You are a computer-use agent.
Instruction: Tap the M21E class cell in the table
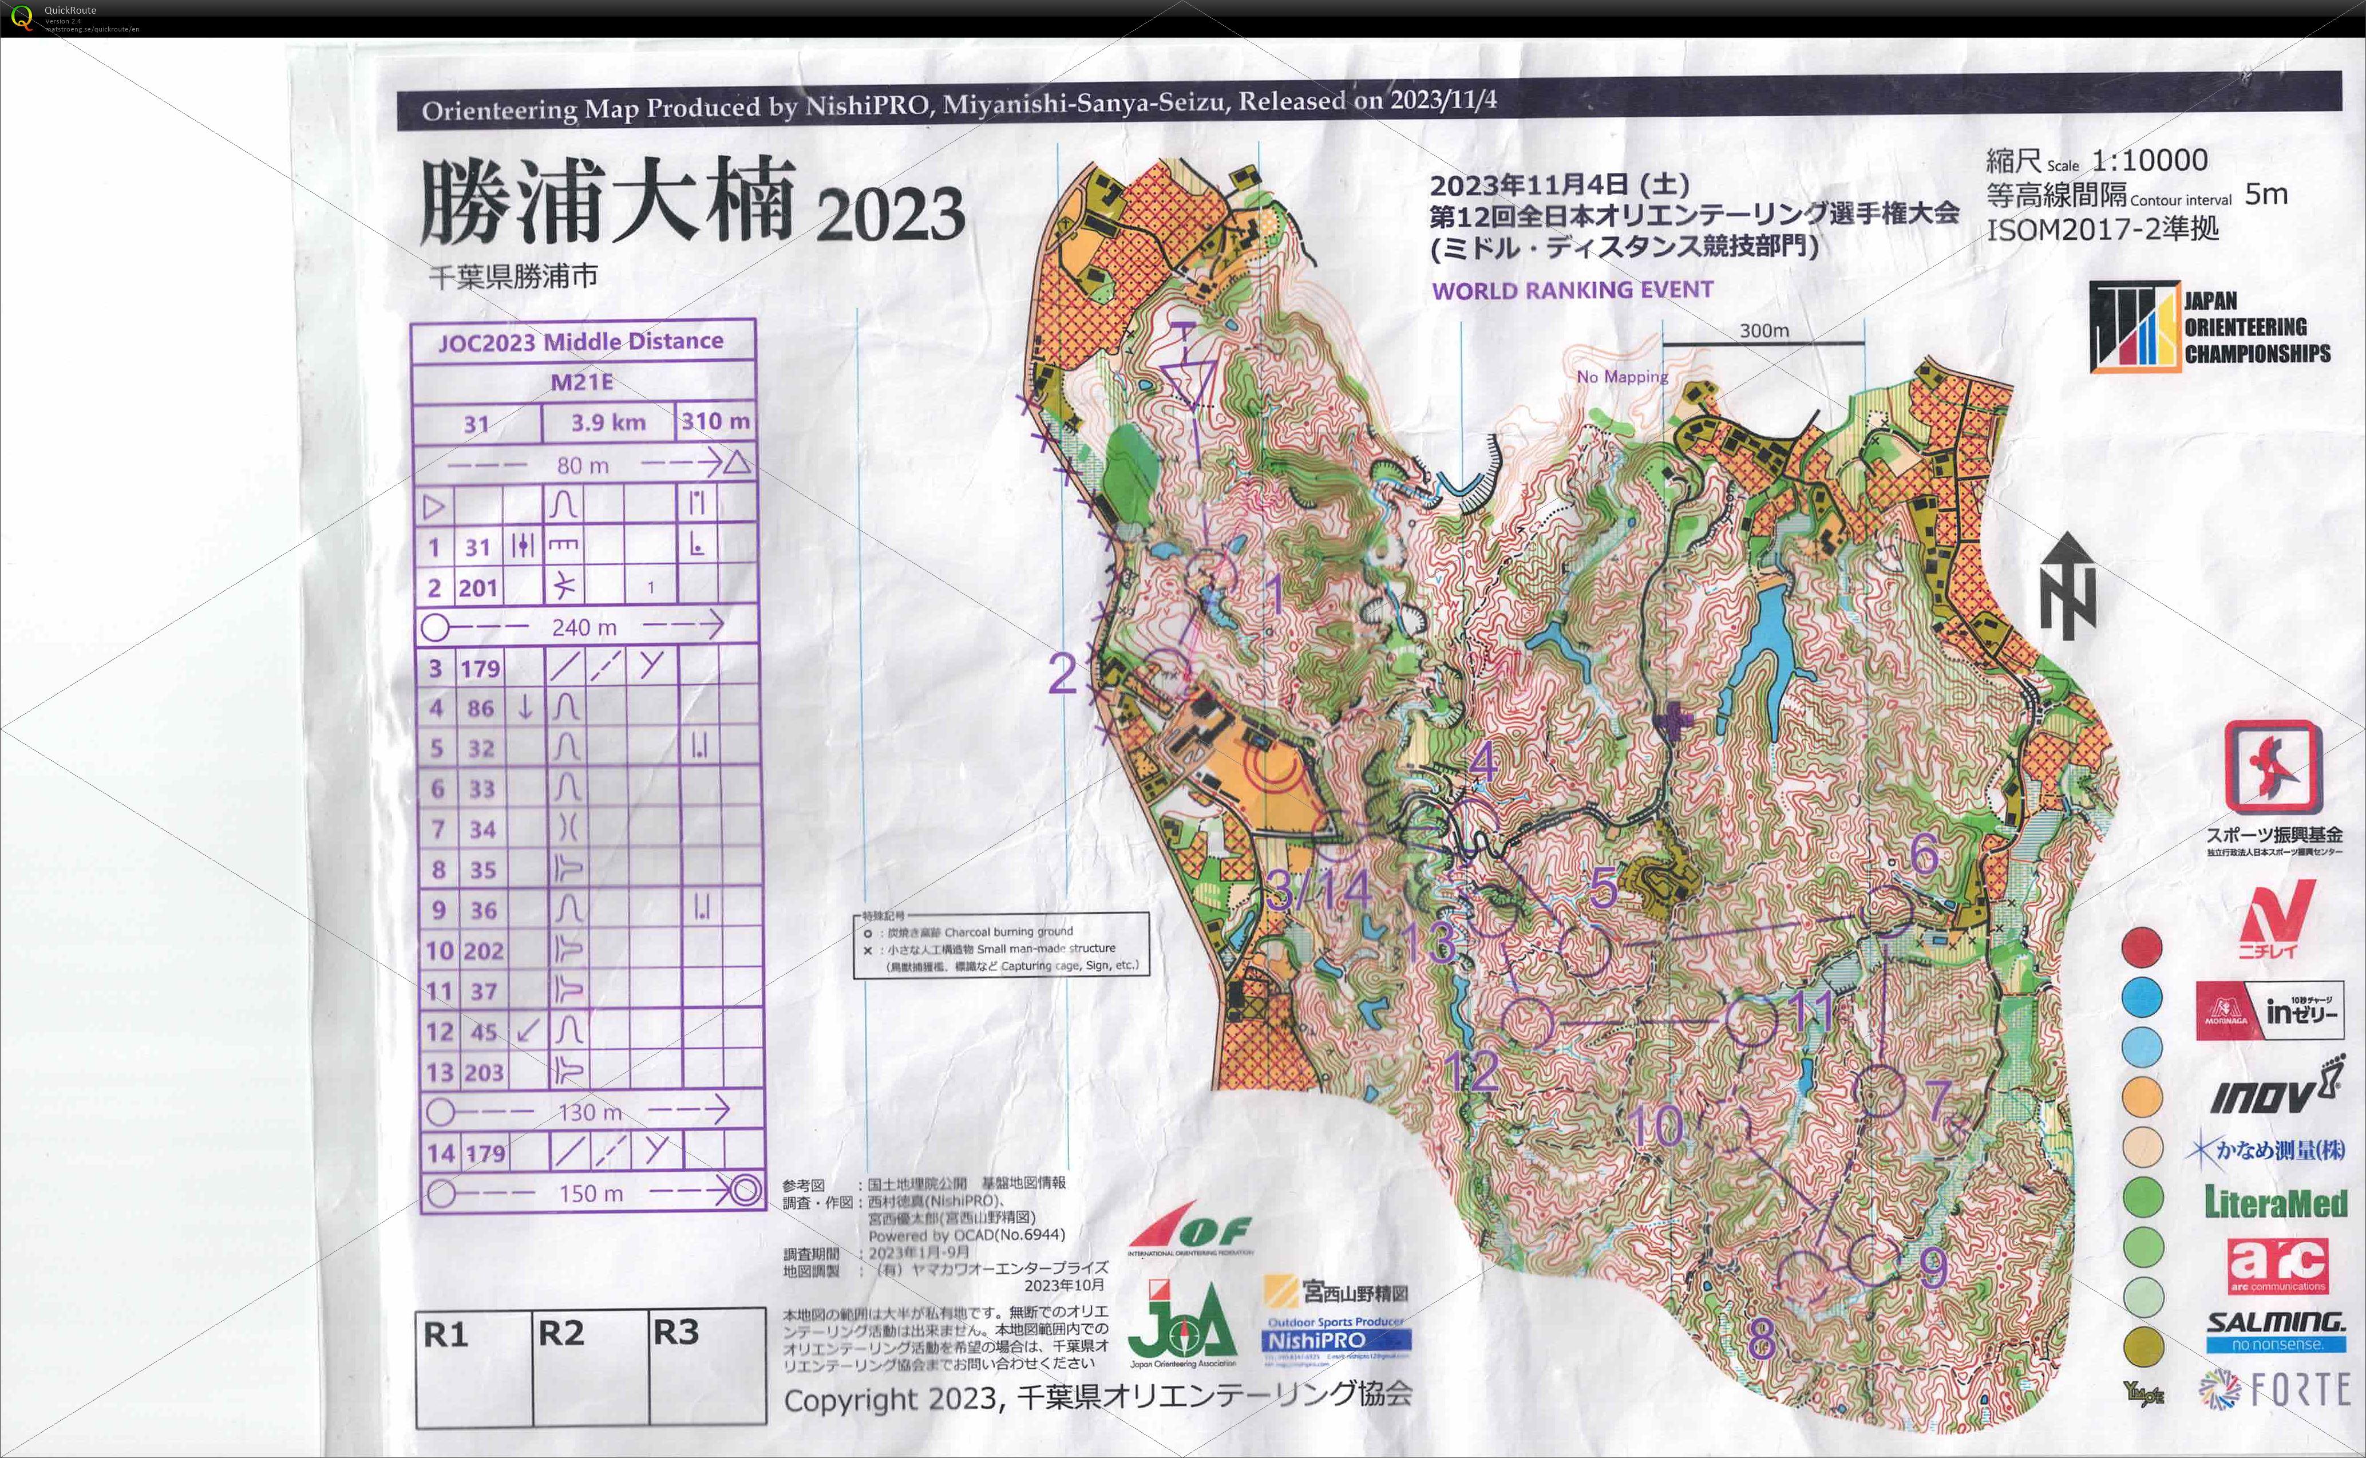pyautogui.click(x=582, y=382)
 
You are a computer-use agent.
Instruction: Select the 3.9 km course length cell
pyautogui.click(x=607, y=422)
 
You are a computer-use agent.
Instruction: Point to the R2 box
pyautogui.click(x=590, y=1365)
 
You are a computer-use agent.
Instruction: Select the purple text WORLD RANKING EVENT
pyautogui.click(x=1573, y=290)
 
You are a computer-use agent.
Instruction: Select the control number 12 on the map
pyautogui.click(x=1472, y=1070)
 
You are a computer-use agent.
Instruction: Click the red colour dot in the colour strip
pyautogui.click(x=2141, y=947)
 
